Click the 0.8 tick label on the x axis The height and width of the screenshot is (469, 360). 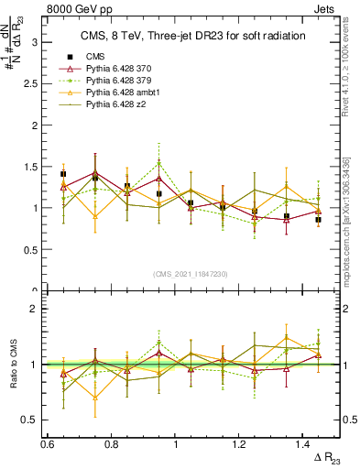click(111, 443)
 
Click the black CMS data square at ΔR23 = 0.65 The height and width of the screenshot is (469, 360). click(63, 174)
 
